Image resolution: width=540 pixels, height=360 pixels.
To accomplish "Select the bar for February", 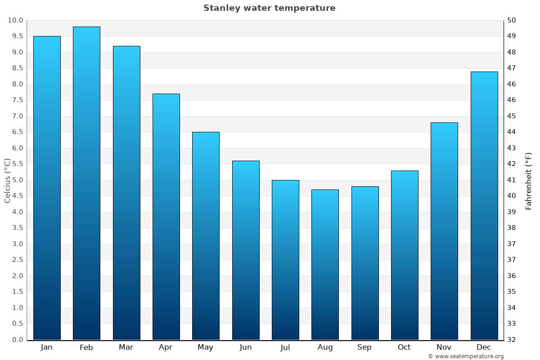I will tap(86, 183).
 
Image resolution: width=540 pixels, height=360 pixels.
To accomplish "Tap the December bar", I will tap(484, 206).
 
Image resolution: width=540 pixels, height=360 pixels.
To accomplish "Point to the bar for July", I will tap(285, 260).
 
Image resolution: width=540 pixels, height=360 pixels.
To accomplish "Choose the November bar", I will tap(444, 231).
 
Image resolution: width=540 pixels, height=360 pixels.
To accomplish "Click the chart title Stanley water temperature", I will tap(269, 8).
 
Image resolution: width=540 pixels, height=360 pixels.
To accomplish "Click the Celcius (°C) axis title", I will tap(7, 180).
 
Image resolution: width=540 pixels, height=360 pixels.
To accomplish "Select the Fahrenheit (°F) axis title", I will tap(528, 180).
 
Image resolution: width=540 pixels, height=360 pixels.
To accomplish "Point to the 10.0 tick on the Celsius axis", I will tap(15, 20).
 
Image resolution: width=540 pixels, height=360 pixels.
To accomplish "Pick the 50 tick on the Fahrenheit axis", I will tap(512, 20).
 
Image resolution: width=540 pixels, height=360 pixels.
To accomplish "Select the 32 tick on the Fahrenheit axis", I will tap(512, 340).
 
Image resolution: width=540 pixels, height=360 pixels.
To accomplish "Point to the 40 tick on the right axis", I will tap(512, 196).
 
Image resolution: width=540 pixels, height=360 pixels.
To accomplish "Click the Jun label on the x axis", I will tap(246, 347).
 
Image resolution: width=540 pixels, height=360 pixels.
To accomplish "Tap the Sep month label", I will tap(364, 347).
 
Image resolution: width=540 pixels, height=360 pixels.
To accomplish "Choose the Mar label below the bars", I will tap(126, 347).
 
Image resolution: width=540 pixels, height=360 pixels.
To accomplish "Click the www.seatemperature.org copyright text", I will tap(465, 356).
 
